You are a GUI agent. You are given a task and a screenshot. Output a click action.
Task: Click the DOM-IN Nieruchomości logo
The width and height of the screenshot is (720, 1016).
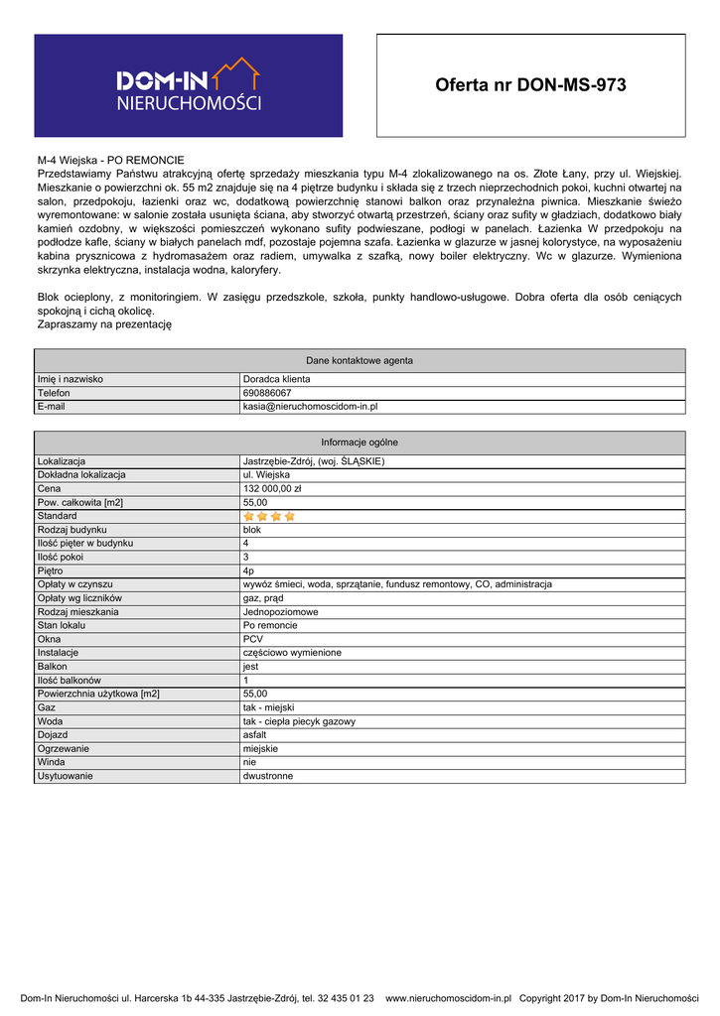click(x=189, y=85)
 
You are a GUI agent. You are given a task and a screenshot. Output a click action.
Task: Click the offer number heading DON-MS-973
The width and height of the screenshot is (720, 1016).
click(x=530, y=85)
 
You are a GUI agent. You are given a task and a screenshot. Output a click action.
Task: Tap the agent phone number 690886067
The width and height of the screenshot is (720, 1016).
click(x=267, y=393)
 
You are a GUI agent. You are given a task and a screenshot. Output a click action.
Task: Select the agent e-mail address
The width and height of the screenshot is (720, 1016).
click(x=310, y=407)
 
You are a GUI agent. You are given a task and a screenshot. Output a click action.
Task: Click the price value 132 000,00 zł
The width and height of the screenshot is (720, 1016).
click(x=272, y=488)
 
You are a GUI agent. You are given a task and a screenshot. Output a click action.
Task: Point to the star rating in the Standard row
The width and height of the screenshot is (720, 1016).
click(x=269, y=516)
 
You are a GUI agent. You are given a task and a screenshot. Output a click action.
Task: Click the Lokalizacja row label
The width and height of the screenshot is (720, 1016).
click(x=62, y=461)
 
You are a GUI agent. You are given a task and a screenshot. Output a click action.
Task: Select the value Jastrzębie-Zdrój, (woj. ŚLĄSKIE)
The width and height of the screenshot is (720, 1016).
click(x=313, y=461)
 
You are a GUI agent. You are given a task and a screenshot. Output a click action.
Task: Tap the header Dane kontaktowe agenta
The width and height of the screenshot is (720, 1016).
click(x=360, y=360)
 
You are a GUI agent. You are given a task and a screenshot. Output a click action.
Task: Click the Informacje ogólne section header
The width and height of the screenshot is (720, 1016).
click(x=360, y=443)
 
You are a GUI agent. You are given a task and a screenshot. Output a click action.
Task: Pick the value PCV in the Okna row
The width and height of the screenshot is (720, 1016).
click(x=252, y=639)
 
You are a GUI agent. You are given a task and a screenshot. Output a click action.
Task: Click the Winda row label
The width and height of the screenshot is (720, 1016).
click(x=52, y=762)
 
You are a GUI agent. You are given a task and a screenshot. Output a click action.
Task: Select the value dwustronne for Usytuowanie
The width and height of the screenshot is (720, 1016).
click(x=268, y=776)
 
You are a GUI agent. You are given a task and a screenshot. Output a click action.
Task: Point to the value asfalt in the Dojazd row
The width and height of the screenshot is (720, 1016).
click(x=254, y=735)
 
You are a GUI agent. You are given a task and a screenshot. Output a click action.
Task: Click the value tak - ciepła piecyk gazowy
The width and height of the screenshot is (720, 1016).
click(x=299, y=721)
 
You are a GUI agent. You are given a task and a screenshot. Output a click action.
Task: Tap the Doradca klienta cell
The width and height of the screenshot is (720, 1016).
click(x=276, y=379)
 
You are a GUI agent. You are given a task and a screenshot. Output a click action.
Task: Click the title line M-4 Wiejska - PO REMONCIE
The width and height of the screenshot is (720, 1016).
click(x=111, y=159)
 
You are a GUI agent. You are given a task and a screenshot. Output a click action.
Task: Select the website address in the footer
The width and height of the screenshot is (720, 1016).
click(x=447, y=998)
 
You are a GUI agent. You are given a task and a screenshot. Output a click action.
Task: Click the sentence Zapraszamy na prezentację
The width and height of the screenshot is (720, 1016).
click(x=105, y=323)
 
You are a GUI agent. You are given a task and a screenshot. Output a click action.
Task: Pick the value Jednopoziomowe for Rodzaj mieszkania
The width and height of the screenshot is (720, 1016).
click(x=281, y=612)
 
